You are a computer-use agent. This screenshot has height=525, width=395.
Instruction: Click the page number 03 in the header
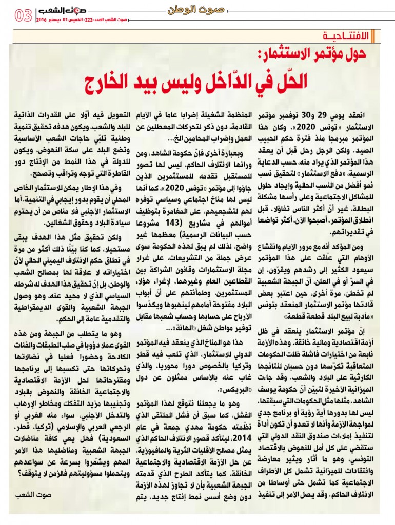tap(23, 15)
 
